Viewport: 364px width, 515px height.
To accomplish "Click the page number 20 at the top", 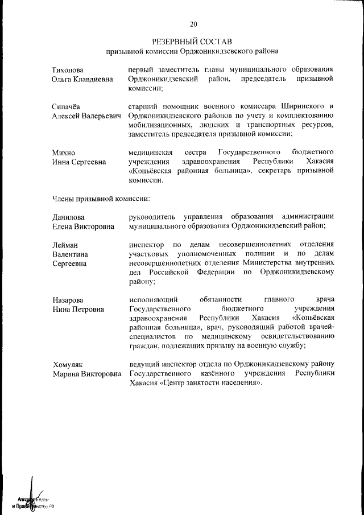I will coord(193,24).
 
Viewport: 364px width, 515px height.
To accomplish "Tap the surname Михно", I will coord(63,153).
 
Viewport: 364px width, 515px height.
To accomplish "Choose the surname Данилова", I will coord(68,217).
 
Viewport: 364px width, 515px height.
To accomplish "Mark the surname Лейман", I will coord(65,245).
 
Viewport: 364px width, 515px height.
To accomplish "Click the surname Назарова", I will coord(68,299).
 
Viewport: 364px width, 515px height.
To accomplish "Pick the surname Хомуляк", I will coord(68,364).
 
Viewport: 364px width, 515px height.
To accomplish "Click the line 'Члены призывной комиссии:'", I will coord(101,199).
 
